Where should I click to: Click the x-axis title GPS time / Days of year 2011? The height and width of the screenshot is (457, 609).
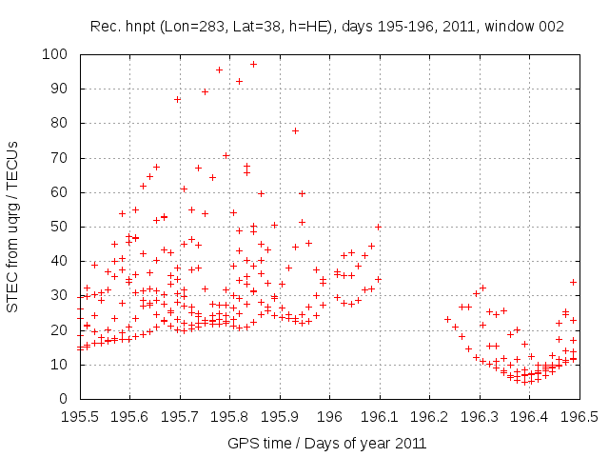point(326,443)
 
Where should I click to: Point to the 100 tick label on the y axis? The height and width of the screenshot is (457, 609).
point(55,54)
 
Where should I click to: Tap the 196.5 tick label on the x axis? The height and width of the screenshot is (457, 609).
point(580,416)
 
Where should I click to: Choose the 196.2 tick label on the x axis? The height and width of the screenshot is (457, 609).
point(430,416)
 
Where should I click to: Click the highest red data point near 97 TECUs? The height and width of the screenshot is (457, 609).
point(253,65)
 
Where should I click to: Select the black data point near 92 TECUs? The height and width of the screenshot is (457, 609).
point(239,82)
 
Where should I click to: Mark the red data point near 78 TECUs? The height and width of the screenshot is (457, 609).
point(295,130)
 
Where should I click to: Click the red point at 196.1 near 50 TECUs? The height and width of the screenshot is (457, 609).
point(378,227)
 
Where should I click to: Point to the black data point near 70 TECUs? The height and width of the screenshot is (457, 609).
point(226,155)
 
